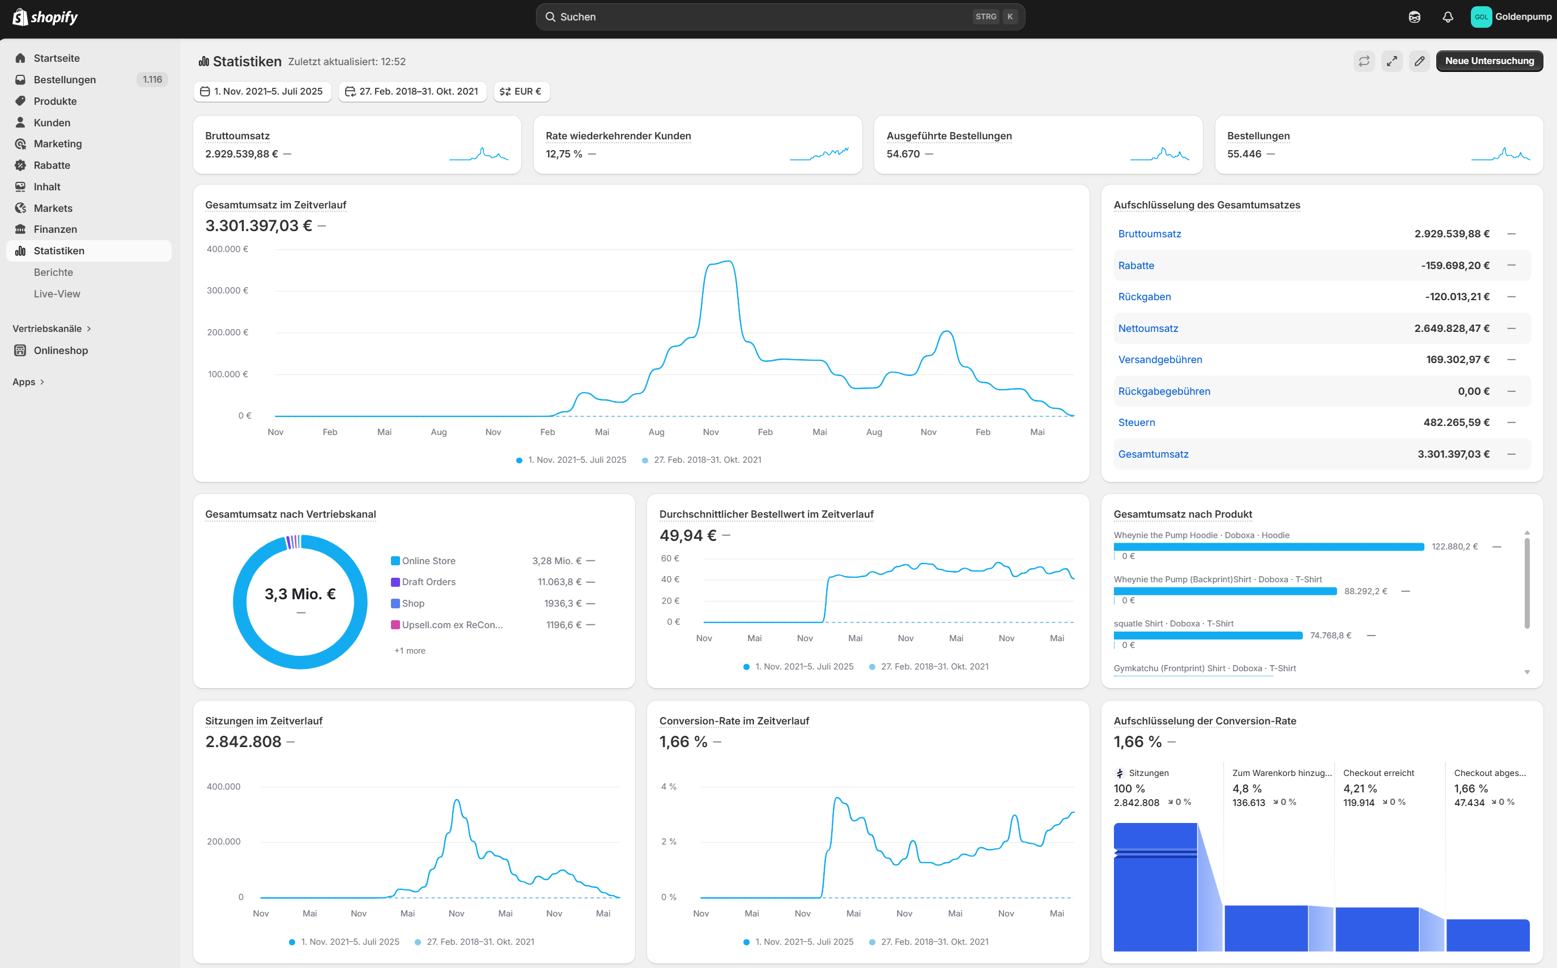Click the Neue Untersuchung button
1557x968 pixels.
[1488, 61]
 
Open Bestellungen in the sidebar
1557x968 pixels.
[65, 79]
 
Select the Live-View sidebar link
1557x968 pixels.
[57, 294]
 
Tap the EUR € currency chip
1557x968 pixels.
[521, 92]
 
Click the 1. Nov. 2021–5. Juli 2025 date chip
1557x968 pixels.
[262, 92]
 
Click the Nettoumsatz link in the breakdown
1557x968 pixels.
[1147, 329]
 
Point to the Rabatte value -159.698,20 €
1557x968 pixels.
[1454, 266]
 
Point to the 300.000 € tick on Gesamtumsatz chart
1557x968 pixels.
[227, 291]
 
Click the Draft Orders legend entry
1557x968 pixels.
[428, 582]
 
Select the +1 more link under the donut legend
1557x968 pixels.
[410, 650]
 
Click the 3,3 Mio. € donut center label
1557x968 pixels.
[300, 594]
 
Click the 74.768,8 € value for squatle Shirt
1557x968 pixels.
[1330, 636]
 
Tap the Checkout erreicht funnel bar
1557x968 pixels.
[1376, 928]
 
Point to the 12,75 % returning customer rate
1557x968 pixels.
[563, 154]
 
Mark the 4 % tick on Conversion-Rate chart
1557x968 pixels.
[669, 787]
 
